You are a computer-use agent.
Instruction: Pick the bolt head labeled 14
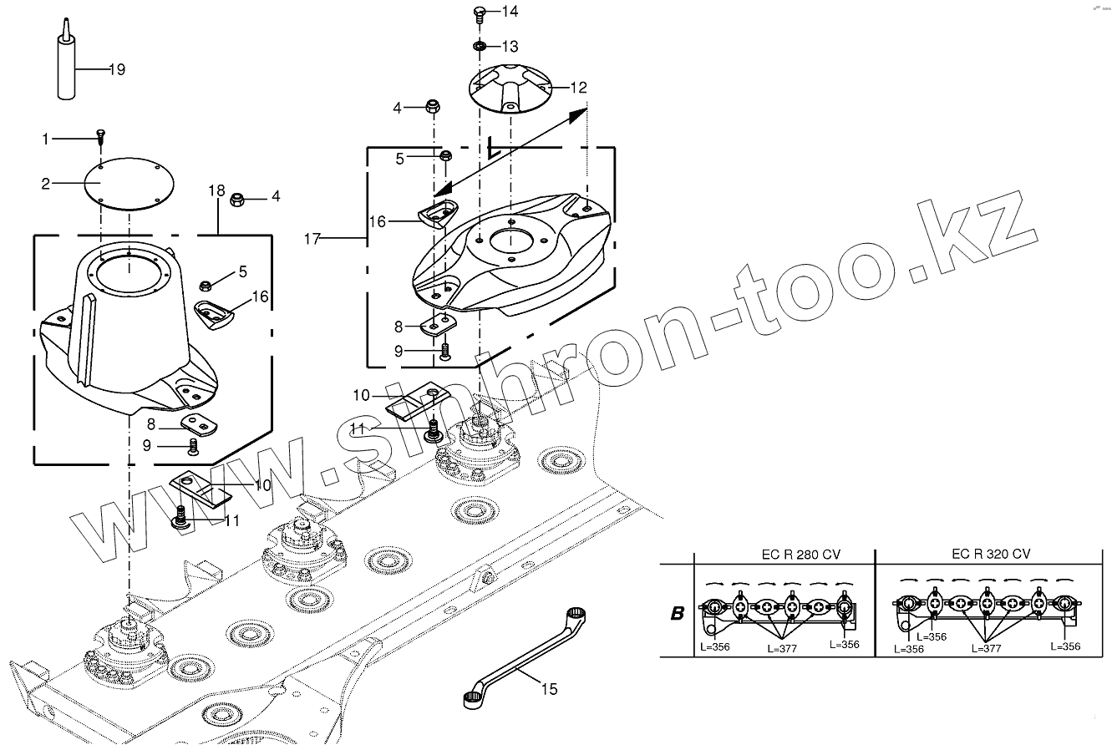(480, 12)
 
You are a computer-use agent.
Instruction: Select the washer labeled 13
(480, 44)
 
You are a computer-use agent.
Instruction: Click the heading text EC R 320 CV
(991, 555)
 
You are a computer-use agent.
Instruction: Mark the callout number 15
(549, 689)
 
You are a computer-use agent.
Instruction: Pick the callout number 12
(579, 87)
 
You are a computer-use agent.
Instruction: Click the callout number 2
(47, 182)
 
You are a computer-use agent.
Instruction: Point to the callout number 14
(510, 12)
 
